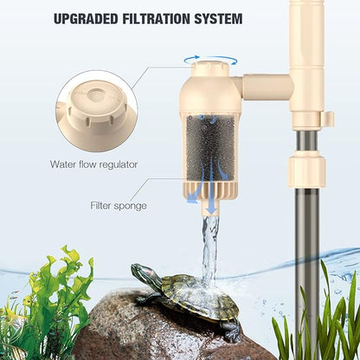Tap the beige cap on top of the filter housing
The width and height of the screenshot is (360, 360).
click(212, 73)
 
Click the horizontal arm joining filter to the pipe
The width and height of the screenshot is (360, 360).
click(264, 87)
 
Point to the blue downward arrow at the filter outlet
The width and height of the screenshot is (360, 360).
click(209, 203)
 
